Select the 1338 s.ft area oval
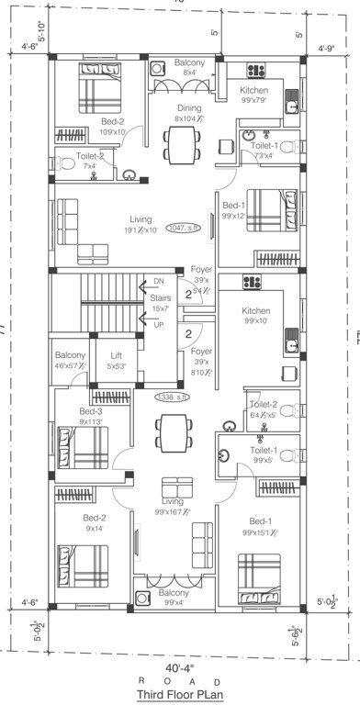click(x=171, y=397)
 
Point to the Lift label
click(x=116, y=354)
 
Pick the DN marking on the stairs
click(x=157, y=280)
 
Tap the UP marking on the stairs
click(x=157, y=324)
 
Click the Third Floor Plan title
click(x=180, y=695)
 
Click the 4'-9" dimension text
click(x=325, y=50)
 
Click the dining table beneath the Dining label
click(x=180, y=142)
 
